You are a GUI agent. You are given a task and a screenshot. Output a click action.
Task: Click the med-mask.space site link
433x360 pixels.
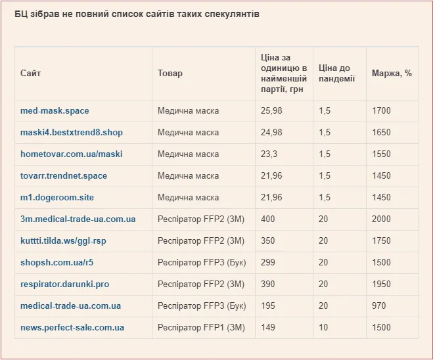click(x=55, y=111)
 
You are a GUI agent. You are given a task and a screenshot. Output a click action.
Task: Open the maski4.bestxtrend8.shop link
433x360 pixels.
click(x=72, y=132)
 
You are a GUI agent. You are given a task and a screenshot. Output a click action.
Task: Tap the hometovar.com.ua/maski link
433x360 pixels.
click(x=72, y=154)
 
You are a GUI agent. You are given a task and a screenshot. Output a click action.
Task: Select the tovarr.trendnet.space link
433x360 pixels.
click(x=64, y=176)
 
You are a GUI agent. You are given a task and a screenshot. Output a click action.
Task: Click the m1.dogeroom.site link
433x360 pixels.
click(x=57, y=197)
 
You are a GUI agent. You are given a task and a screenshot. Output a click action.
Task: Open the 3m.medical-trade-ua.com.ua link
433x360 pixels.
click(x=78, y=219)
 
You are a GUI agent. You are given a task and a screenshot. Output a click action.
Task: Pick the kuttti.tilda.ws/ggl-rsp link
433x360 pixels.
click(x=63, y=240)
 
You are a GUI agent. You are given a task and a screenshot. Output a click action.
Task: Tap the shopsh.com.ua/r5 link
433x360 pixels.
click(x=57, y=262)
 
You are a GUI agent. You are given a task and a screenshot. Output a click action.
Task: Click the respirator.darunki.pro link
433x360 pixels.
click(x=65, y=284)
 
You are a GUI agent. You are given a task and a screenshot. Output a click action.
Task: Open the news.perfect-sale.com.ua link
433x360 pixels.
click(x=72, y=328)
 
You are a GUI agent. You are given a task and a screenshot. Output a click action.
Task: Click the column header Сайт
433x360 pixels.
click(x=31, y=73)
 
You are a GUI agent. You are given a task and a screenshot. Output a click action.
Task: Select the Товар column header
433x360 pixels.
click(x=170, y=73)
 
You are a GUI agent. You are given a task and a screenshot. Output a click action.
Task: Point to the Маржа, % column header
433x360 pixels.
click(x=392, y=73)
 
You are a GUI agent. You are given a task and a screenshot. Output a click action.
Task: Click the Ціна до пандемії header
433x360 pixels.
click(x=336, y=74)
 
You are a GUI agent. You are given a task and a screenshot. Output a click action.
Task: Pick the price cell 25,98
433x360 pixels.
click(x=271, y=111)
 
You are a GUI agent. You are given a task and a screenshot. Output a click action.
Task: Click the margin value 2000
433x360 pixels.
click(x=381, y=219)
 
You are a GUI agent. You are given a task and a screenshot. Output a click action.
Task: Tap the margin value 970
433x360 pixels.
click(x=379, y=306)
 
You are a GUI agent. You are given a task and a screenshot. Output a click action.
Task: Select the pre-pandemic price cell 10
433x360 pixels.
click(x=323, y=328)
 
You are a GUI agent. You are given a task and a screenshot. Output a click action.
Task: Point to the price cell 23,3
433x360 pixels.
click(x=269, y=154)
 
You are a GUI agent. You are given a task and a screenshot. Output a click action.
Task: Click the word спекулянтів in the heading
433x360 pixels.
click(x=232, y=14)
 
